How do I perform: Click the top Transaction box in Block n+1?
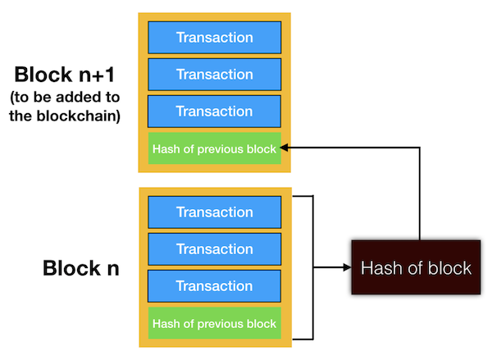click(215, 38)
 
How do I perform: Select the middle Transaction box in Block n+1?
click(215, 75)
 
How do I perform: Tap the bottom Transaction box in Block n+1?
click(215, 112)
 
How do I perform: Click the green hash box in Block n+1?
click(215, 148)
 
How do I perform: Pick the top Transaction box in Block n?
click(215, 212)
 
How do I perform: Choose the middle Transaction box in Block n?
click(215, 249)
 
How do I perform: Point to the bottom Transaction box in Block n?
click(215, 286)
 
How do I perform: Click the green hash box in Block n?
click(215, 324)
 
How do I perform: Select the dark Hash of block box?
click(417, 267)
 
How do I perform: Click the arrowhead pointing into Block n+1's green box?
click(285, 148)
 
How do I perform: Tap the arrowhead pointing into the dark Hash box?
click(345, 267)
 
